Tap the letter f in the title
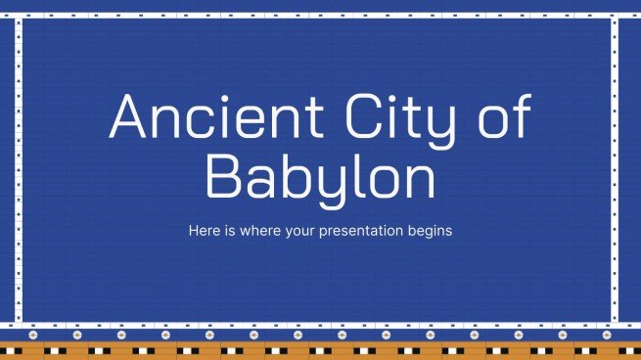(519, 114)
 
